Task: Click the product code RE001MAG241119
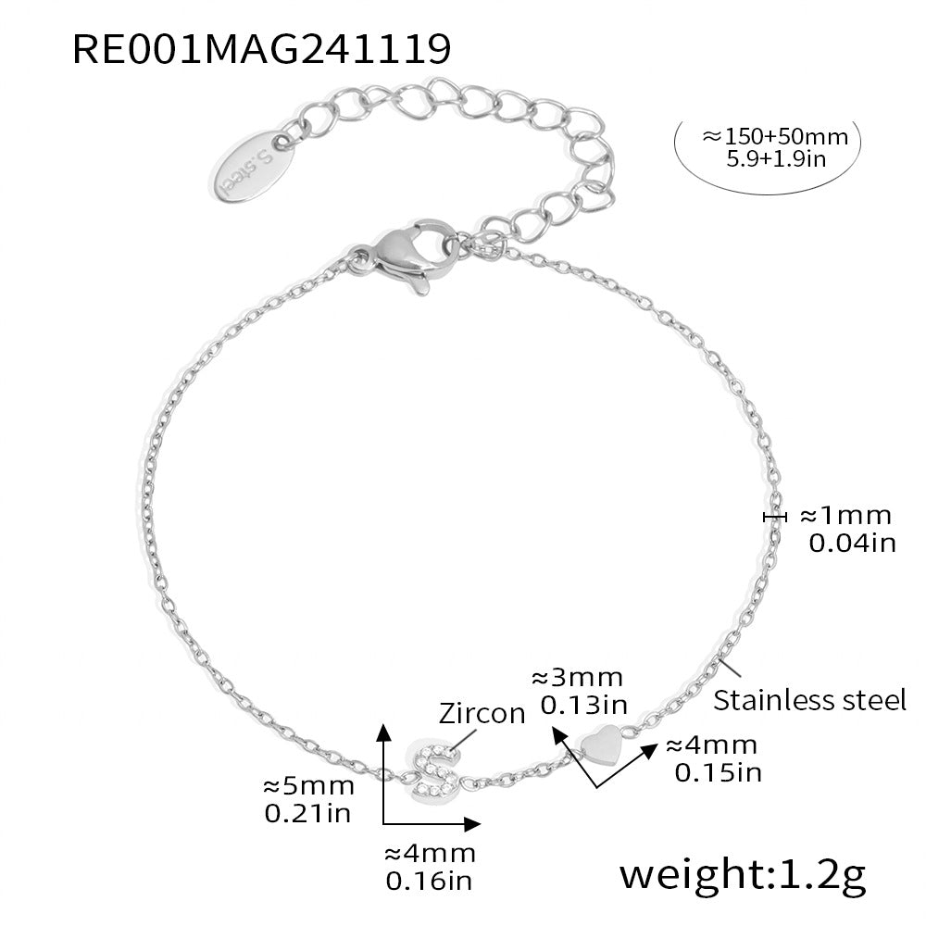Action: coord(262,49)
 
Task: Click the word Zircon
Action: coord(482,713)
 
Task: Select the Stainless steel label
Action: coord(809,700)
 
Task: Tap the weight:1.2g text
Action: coord(743,875)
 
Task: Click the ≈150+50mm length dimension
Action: coord(775,136)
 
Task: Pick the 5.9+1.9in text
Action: coord(775,159)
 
